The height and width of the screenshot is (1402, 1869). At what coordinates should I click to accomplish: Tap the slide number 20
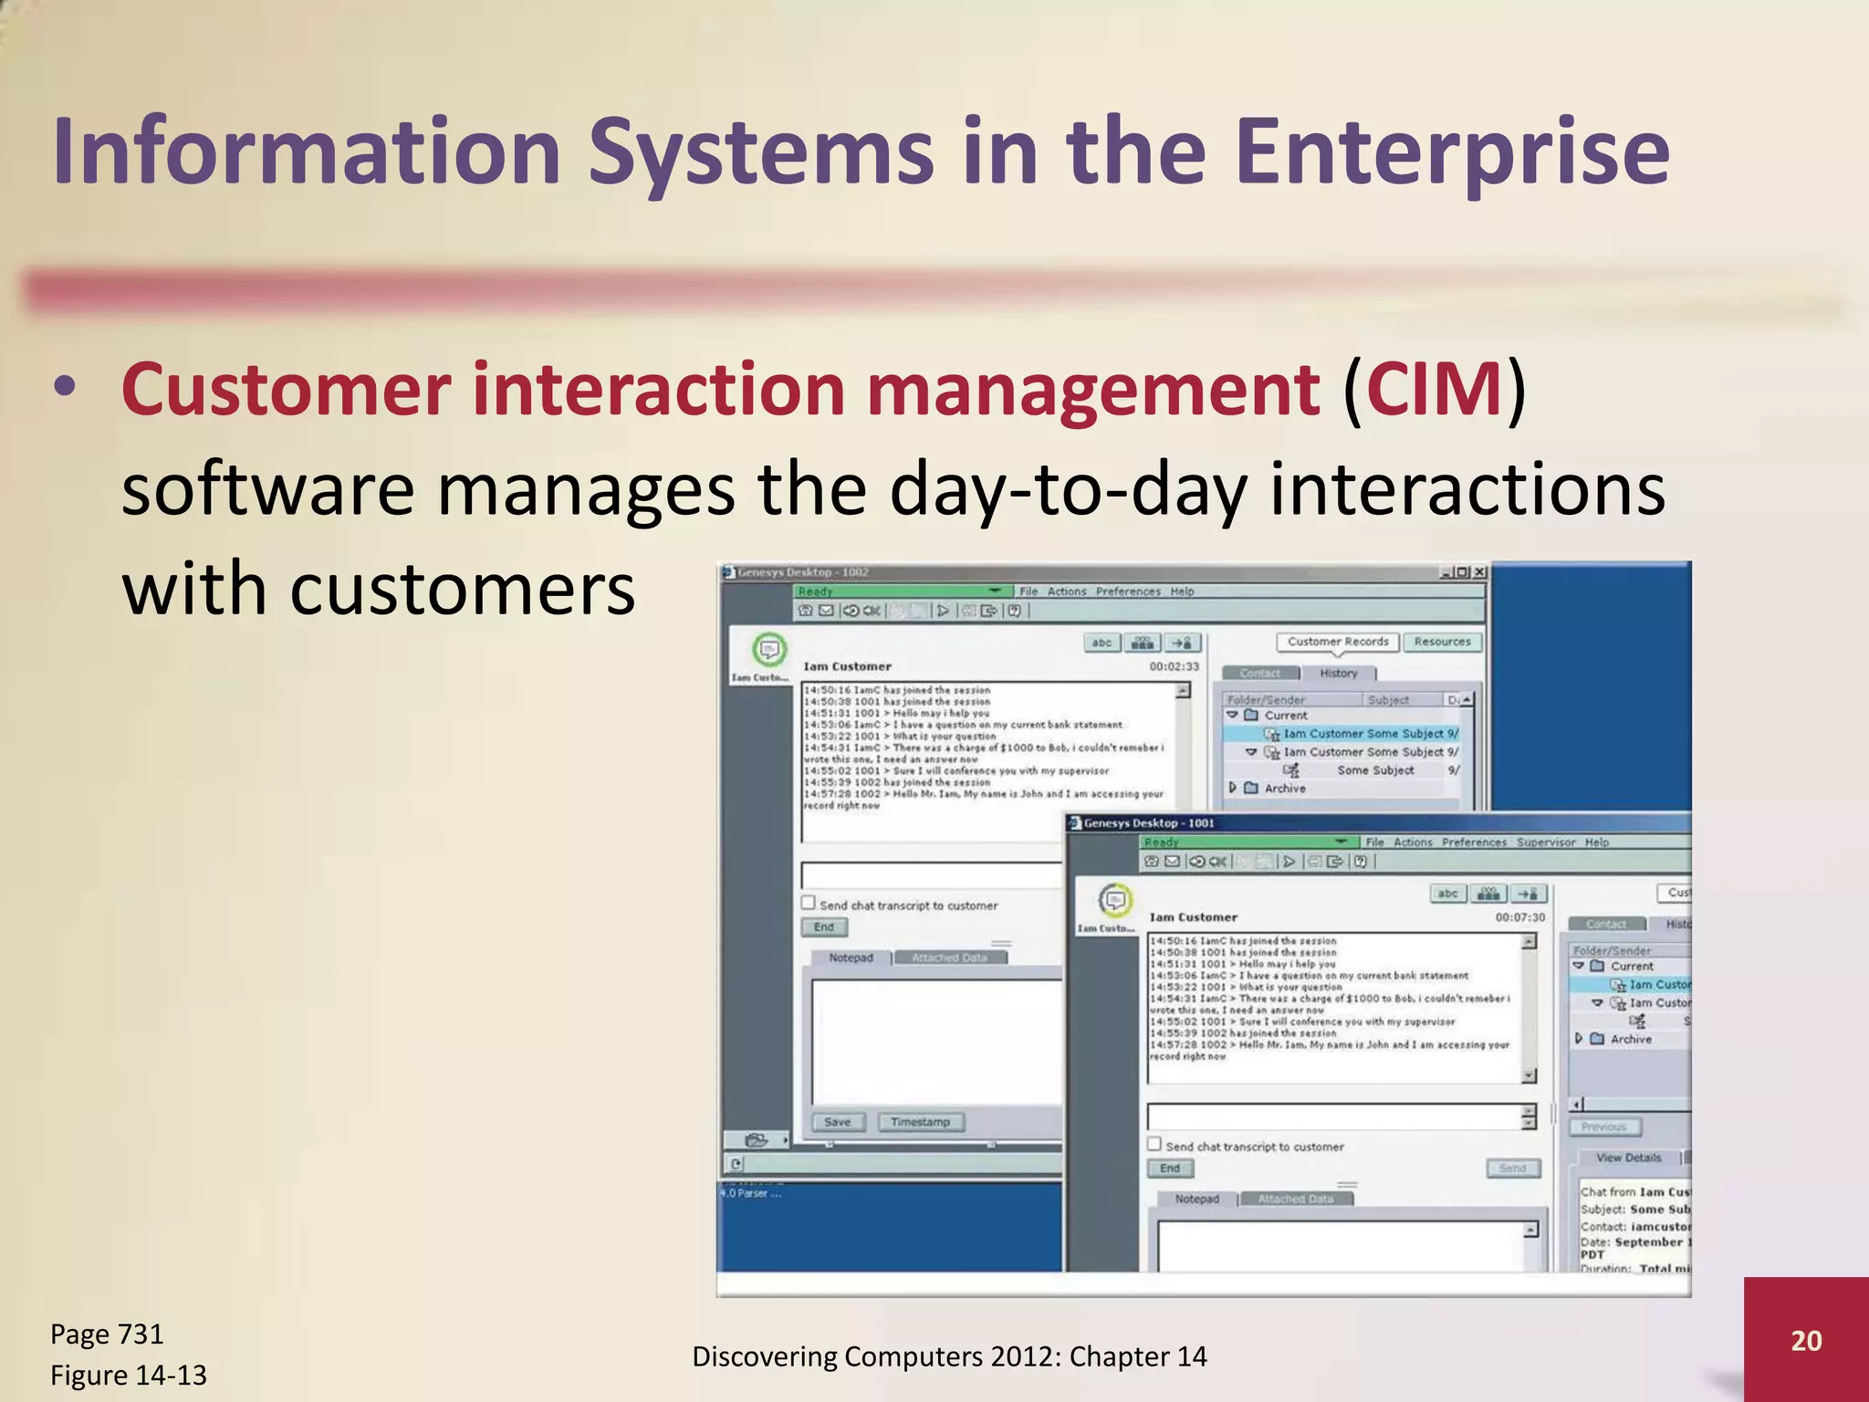pyautogui.click(x=1805, y=1340)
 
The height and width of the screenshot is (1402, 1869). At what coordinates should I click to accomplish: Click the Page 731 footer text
pyautogui.click(x=107, y=1334)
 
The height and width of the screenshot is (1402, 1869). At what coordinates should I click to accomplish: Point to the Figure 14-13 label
pyautogui.click(x=129, y=1375)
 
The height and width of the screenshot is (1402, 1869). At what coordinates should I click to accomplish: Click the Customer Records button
pyautogui.click(x=1337, y=642)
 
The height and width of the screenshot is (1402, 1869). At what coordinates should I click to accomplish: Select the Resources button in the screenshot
pyautogui.click(x=1442, y=642)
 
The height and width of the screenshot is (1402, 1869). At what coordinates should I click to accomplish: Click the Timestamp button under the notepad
pyautogui.click(x=920, y=1122)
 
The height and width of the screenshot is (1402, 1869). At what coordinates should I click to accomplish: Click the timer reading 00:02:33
pyautogui.click(x=1174, y=666)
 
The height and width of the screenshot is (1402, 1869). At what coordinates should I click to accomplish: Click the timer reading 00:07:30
pyautogui.click(x=1519, y=917)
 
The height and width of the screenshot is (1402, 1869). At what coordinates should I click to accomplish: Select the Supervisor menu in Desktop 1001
pyautogui.click(x=1546, y=842)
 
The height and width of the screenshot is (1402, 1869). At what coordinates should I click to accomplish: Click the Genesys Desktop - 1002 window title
pyautogui.click(x=803, y=572)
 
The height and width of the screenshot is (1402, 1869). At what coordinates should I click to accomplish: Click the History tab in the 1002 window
pyautogui.click(x=1338, y=674)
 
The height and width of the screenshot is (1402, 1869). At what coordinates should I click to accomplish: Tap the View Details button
pyautogui.click(x=1628, y=1157)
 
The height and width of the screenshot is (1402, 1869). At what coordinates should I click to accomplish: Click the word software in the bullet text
pyautogui.click(x=267, y=489)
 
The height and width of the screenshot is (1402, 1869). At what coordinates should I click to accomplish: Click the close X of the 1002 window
pyautogui.click(x=1478, y=572)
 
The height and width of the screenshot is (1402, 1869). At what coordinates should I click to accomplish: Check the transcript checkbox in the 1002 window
pyautogui.click(x=809, y=903)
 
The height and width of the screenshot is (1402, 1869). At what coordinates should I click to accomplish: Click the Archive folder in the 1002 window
pyautogui.click(x=1284, y=788)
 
